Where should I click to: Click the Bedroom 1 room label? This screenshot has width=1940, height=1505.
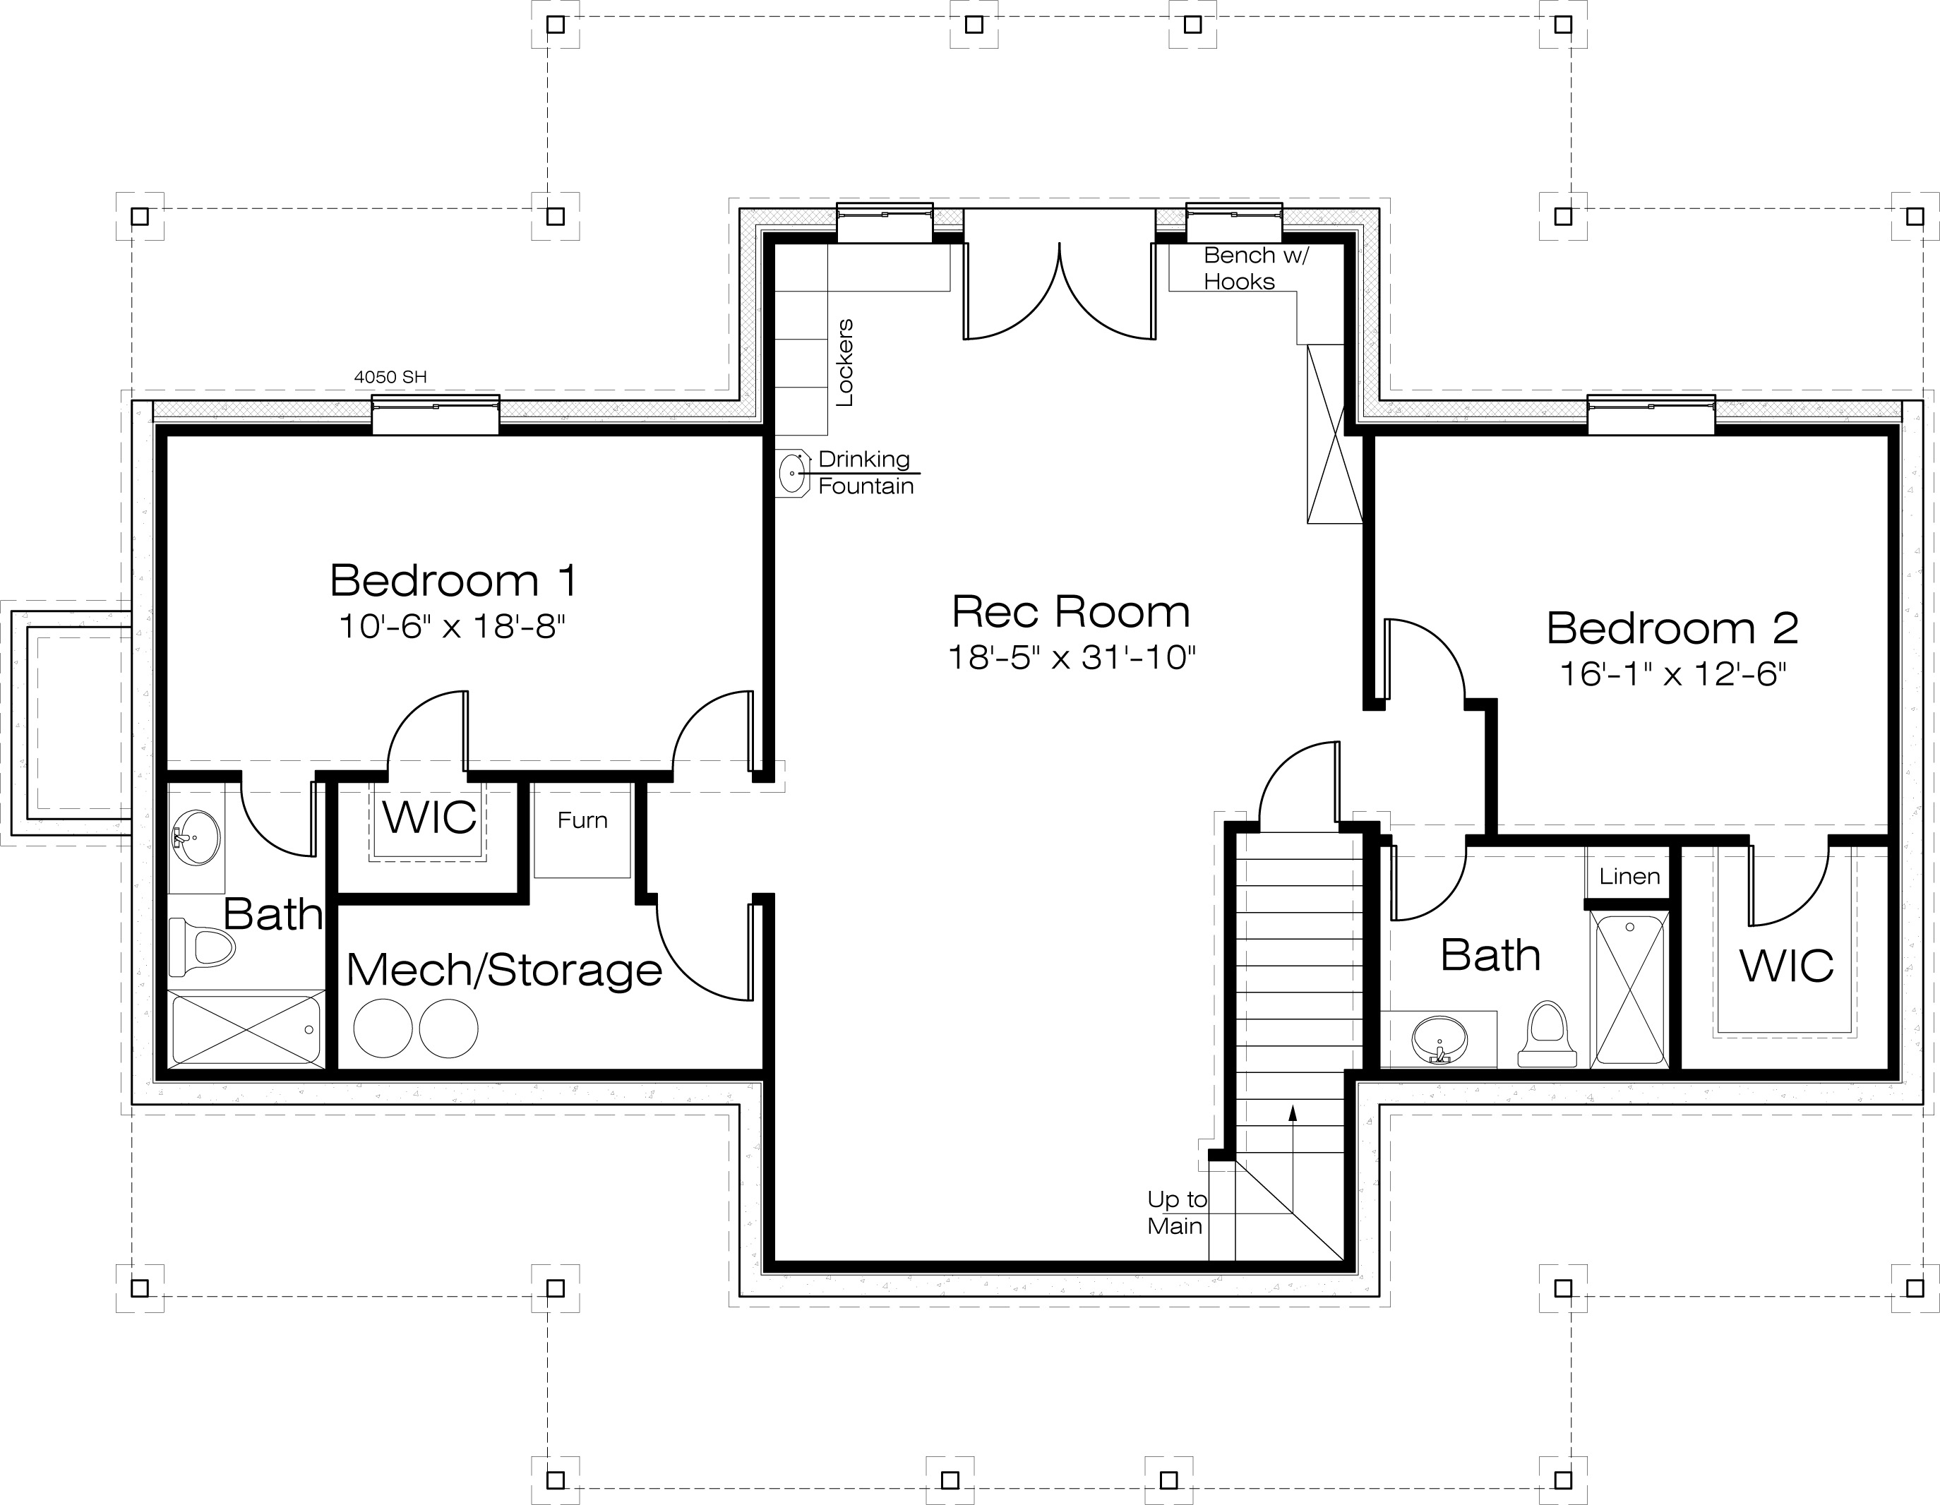454,581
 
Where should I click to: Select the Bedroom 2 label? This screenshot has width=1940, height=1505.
1672,628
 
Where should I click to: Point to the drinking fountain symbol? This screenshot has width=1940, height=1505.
792,474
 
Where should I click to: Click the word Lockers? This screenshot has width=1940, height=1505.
845,362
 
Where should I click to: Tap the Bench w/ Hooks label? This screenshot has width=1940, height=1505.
1256,268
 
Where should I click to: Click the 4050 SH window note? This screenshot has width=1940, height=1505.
391,377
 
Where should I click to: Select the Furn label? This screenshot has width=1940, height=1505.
582,820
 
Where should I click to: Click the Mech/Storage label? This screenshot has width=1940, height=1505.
503,970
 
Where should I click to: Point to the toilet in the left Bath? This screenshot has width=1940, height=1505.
203,947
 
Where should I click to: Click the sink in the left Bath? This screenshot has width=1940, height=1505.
196,837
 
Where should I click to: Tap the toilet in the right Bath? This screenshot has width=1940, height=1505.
1547,1034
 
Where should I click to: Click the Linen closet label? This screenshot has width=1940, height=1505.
1630,877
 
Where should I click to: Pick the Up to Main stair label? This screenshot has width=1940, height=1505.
1177,1213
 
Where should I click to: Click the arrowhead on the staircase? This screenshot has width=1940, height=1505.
1293,1111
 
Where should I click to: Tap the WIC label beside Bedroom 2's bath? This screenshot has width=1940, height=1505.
1786,966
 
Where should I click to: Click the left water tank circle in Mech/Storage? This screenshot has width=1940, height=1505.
383,1028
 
